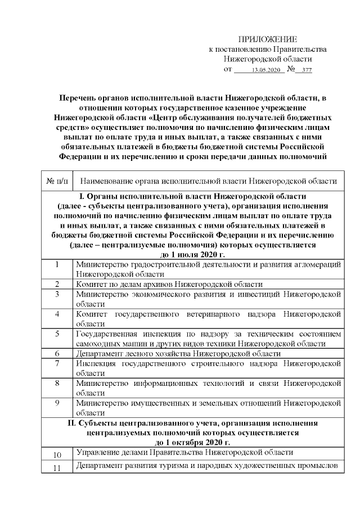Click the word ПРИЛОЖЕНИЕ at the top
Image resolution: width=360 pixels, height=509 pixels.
point(267,39)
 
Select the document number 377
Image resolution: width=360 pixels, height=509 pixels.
point(307,70)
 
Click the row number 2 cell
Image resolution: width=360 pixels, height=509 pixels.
point(57,283)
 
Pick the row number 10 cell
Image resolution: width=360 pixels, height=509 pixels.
point(57,454)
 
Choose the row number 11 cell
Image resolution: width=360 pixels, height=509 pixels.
point(57,469)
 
